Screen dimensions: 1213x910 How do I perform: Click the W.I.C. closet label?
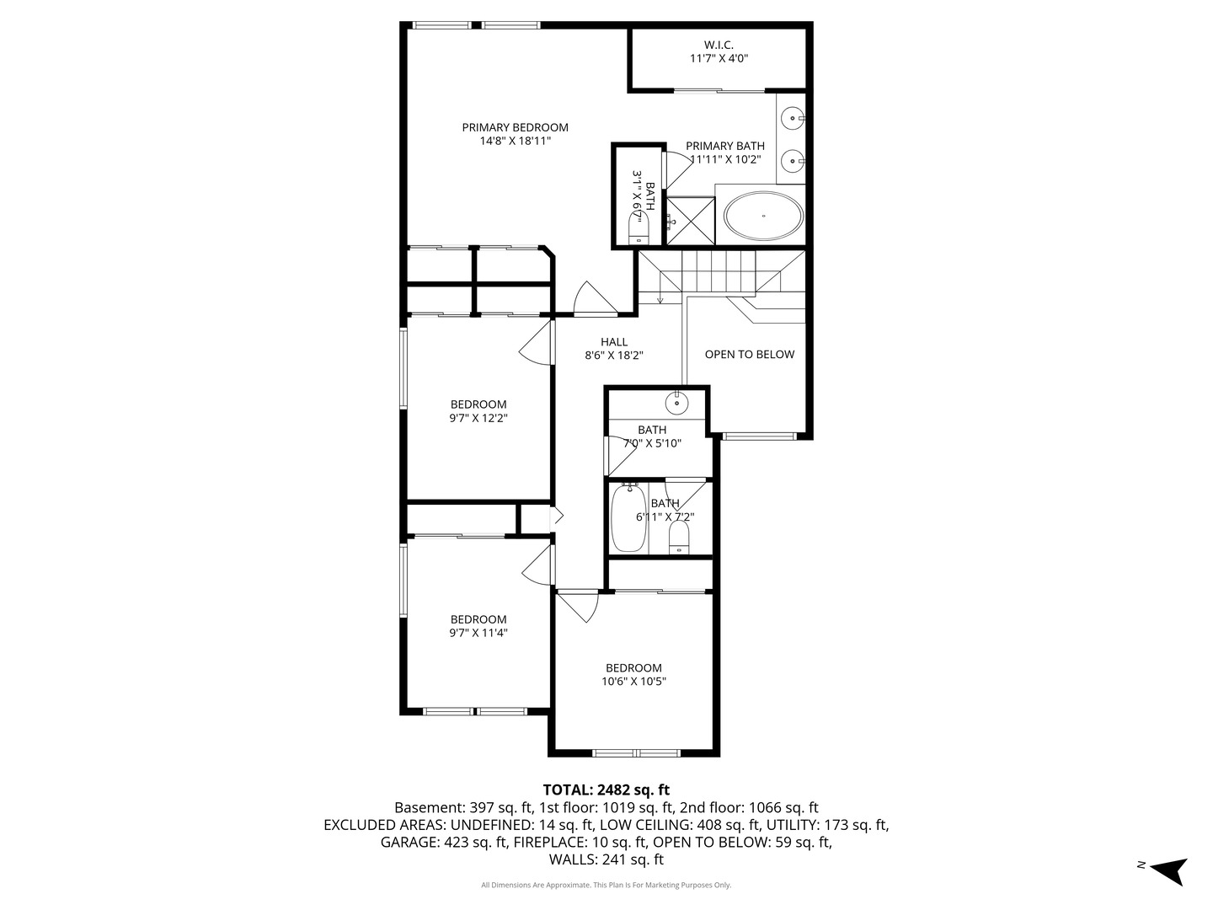(719, 45)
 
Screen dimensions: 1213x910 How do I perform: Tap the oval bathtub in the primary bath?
(764, 216)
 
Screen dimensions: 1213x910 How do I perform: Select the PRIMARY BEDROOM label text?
(515, 127)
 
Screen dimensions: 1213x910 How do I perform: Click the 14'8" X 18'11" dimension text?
(515, 141)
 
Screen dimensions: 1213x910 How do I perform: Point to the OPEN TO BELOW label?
(750, 354)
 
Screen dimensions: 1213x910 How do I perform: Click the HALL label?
(614, 342)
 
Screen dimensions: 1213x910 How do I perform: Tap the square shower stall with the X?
(691, 221)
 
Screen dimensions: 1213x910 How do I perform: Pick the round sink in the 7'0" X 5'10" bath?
(676, 403)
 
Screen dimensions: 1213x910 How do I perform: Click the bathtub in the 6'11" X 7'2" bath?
(629, 517)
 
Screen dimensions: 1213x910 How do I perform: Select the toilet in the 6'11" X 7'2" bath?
(679, 537)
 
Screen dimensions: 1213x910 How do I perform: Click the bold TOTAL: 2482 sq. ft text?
(606, 790)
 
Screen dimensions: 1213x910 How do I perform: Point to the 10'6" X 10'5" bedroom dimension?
(633, 682)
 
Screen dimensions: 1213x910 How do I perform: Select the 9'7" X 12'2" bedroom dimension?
(478, 418)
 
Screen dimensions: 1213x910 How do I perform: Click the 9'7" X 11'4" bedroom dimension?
(478, 633)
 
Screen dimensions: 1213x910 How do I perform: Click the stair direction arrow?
(660, 293)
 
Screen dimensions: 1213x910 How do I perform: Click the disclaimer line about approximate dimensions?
(606, 885)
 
